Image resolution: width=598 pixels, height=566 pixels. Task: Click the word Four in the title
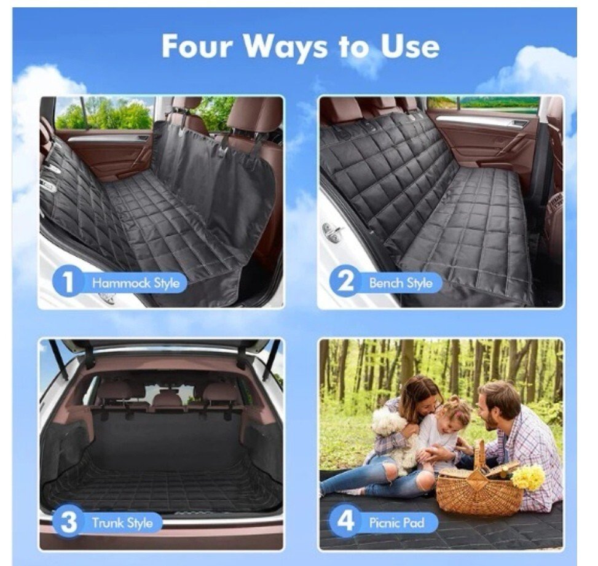[197, 47]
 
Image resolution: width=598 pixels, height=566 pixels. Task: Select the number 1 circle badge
[67, 282]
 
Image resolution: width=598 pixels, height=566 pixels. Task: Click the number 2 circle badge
[345, 282]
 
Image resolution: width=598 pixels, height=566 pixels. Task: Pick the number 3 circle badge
[68, 522]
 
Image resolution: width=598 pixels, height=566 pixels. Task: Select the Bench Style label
[401, 283]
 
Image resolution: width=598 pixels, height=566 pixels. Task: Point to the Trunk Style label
[122, 523]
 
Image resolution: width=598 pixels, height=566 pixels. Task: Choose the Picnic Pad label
[396, 522]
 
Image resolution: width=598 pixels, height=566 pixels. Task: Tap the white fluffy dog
[393, 434]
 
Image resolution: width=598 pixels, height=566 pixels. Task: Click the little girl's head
[450, 411]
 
